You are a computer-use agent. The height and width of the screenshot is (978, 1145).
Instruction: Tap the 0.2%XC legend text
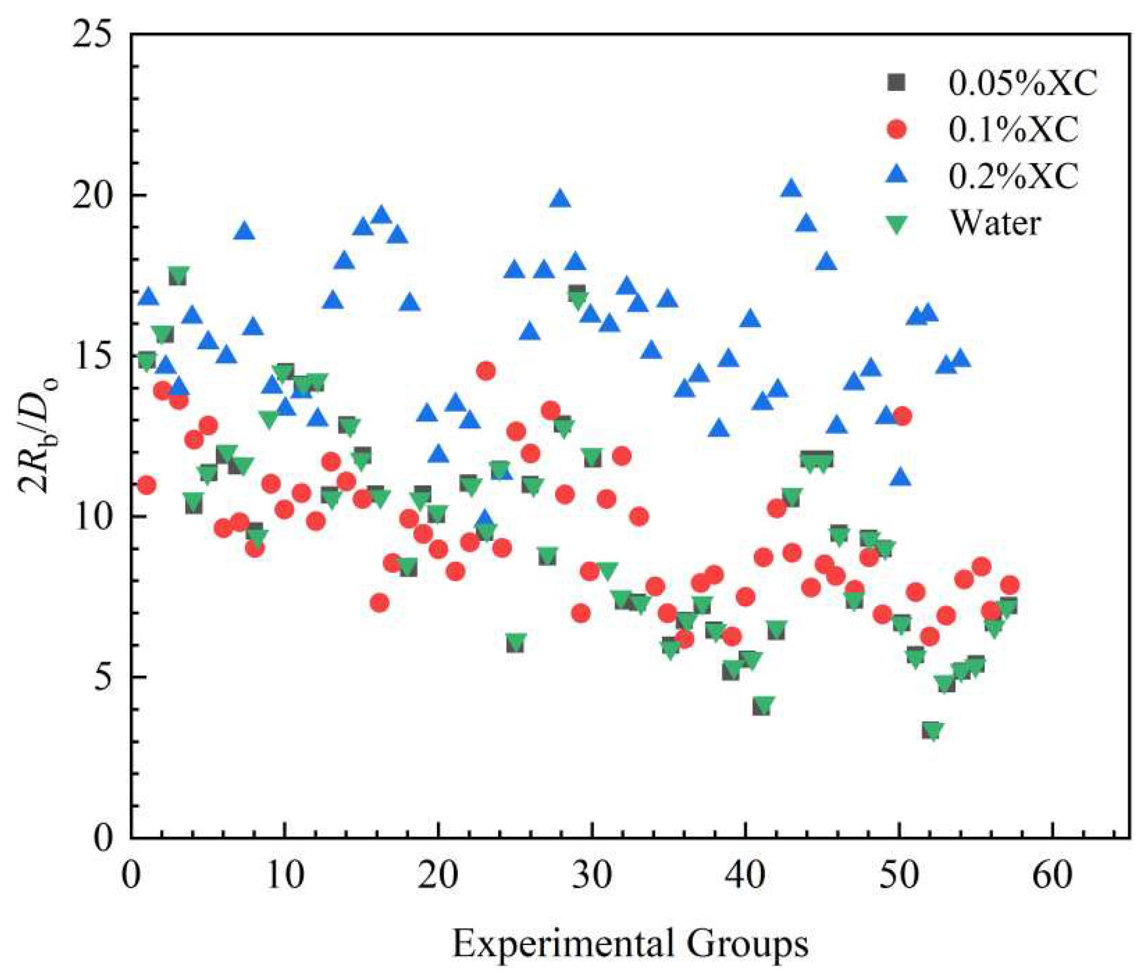[1014, 176]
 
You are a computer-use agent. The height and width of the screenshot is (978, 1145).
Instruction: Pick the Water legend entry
[995, 223]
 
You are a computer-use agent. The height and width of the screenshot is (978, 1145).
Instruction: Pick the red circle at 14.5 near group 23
[486, 371]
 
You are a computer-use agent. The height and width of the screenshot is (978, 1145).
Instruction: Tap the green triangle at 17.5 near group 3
[178, 275]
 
